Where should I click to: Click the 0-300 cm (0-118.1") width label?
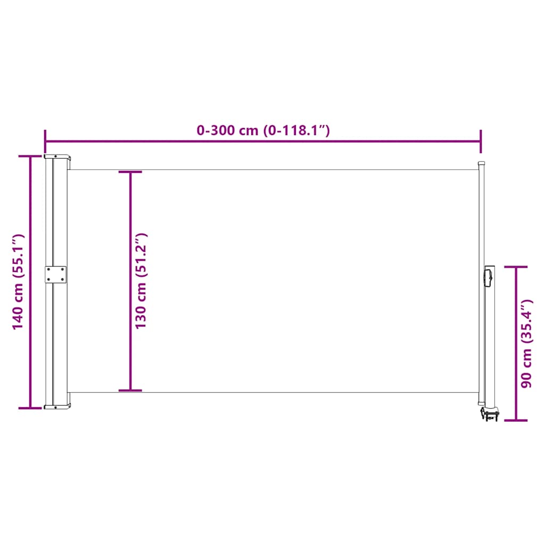263,130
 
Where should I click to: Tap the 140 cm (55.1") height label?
19,282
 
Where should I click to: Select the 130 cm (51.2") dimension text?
141,280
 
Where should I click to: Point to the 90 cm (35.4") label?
527,343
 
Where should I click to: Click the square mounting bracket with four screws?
56,275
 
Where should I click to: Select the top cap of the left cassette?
57,158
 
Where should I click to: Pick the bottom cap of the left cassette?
57,407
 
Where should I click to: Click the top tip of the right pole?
482,164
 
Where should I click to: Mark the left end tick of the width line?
45,142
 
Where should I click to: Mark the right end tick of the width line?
481,142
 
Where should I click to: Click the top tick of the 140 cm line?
30,156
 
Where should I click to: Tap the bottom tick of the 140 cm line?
30,408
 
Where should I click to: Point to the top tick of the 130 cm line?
130,172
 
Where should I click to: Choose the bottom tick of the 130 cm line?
130,391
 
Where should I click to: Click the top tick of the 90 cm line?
516,267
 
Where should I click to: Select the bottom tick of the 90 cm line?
516,420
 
